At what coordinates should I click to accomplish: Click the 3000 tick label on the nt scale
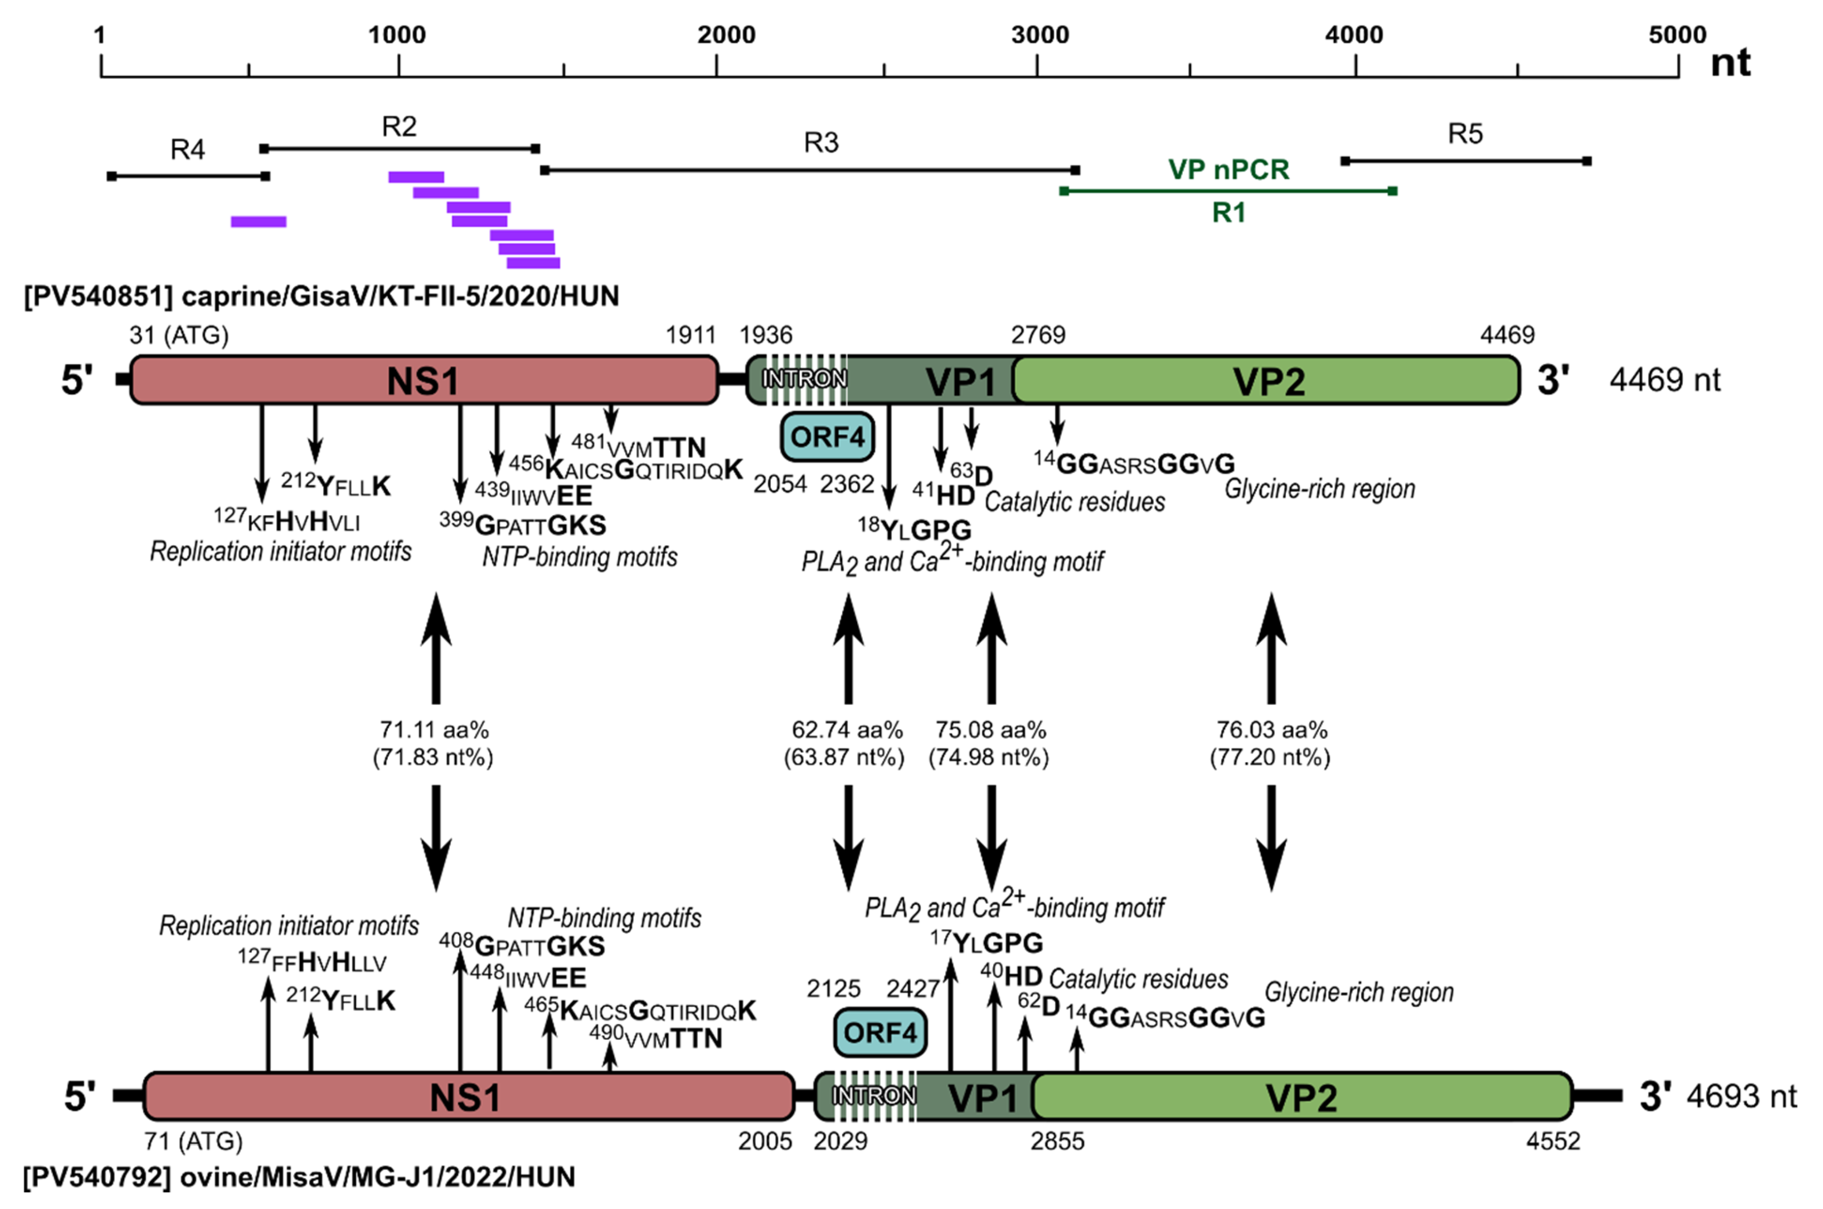pyautogui.click(x=1040, y=35)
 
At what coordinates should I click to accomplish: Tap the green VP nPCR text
pyautogui.click(x=1228, y=169)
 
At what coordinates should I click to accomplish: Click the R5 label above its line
pyautogui.click(x=1464, y=134)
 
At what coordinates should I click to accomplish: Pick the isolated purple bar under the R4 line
pyautogui.click(x=258, y=222)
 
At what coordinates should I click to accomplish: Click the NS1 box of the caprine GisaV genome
pyautogui.click(x=423, y=380)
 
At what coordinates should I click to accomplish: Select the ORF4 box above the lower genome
pyautogui.click(x=880, y=1032)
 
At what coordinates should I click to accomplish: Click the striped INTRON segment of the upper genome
pyautogui.click(x=804, y=380)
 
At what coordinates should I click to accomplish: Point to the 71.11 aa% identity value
pyautogui.click(x=434, y=729)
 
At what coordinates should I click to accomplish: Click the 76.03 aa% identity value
pyautogui.click(x=1271, y=729)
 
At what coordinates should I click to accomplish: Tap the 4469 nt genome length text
pyautogui.click(x=1664, y=380)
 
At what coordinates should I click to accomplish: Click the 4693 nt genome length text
pyautogui.click(x=1741, y=1096)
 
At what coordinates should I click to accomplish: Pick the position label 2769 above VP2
pyautogui.click(x=1038, y=335)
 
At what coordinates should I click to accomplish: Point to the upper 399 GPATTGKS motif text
pyautogui.click(x=524, y=524)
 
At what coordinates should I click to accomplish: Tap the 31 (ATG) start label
pyautogui.click(x=179, y=335)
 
